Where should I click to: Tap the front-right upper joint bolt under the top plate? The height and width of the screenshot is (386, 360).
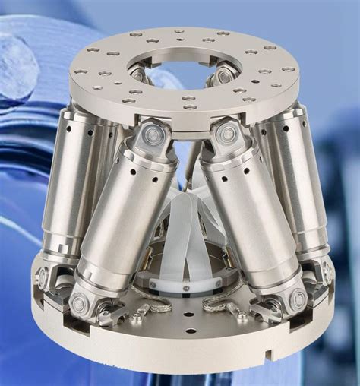(226, 134)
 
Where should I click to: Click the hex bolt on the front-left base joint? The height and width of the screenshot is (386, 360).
(79, 303)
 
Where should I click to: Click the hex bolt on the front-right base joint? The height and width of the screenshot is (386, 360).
(296, 299)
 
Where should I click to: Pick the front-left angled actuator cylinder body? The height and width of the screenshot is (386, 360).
(125, 220)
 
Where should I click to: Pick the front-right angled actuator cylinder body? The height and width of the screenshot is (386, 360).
(247, 220)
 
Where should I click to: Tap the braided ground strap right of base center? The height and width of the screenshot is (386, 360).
(225, 307)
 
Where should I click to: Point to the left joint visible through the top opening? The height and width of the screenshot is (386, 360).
(138, 74)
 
